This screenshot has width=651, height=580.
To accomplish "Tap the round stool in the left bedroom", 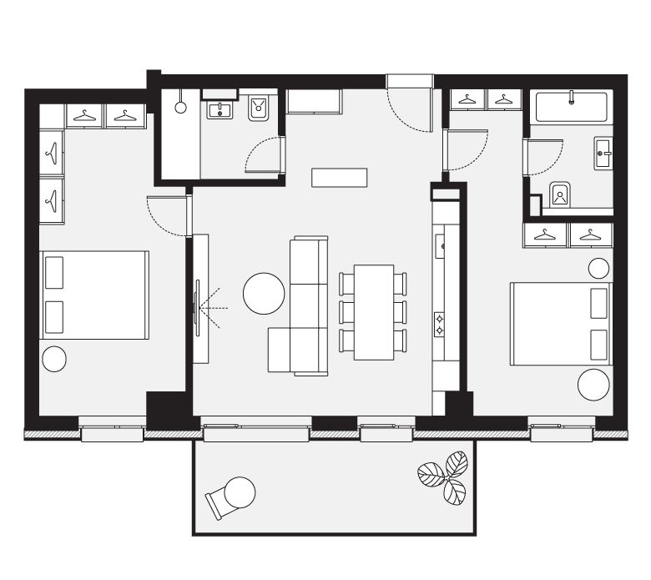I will coord(53,359).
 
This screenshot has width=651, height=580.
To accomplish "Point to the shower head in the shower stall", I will coord(179,105).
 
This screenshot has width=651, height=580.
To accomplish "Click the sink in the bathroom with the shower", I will coord(221,109).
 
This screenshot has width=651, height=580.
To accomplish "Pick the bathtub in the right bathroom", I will coord(572,107).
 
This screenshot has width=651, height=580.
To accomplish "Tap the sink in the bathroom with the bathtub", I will coord(603,152).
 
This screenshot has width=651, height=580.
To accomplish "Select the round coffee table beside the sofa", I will coord(264,294).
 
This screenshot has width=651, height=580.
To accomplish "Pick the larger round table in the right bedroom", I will coord(594,384).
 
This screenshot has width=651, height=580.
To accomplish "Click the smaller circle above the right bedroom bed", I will coord(598,268).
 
